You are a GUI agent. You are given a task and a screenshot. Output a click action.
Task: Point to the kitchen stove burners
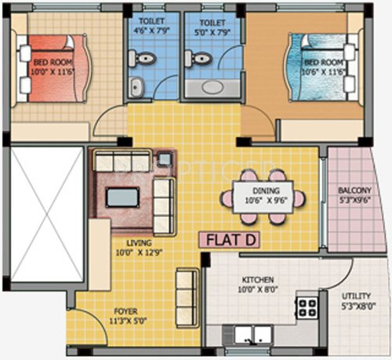tap(307, 305)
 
